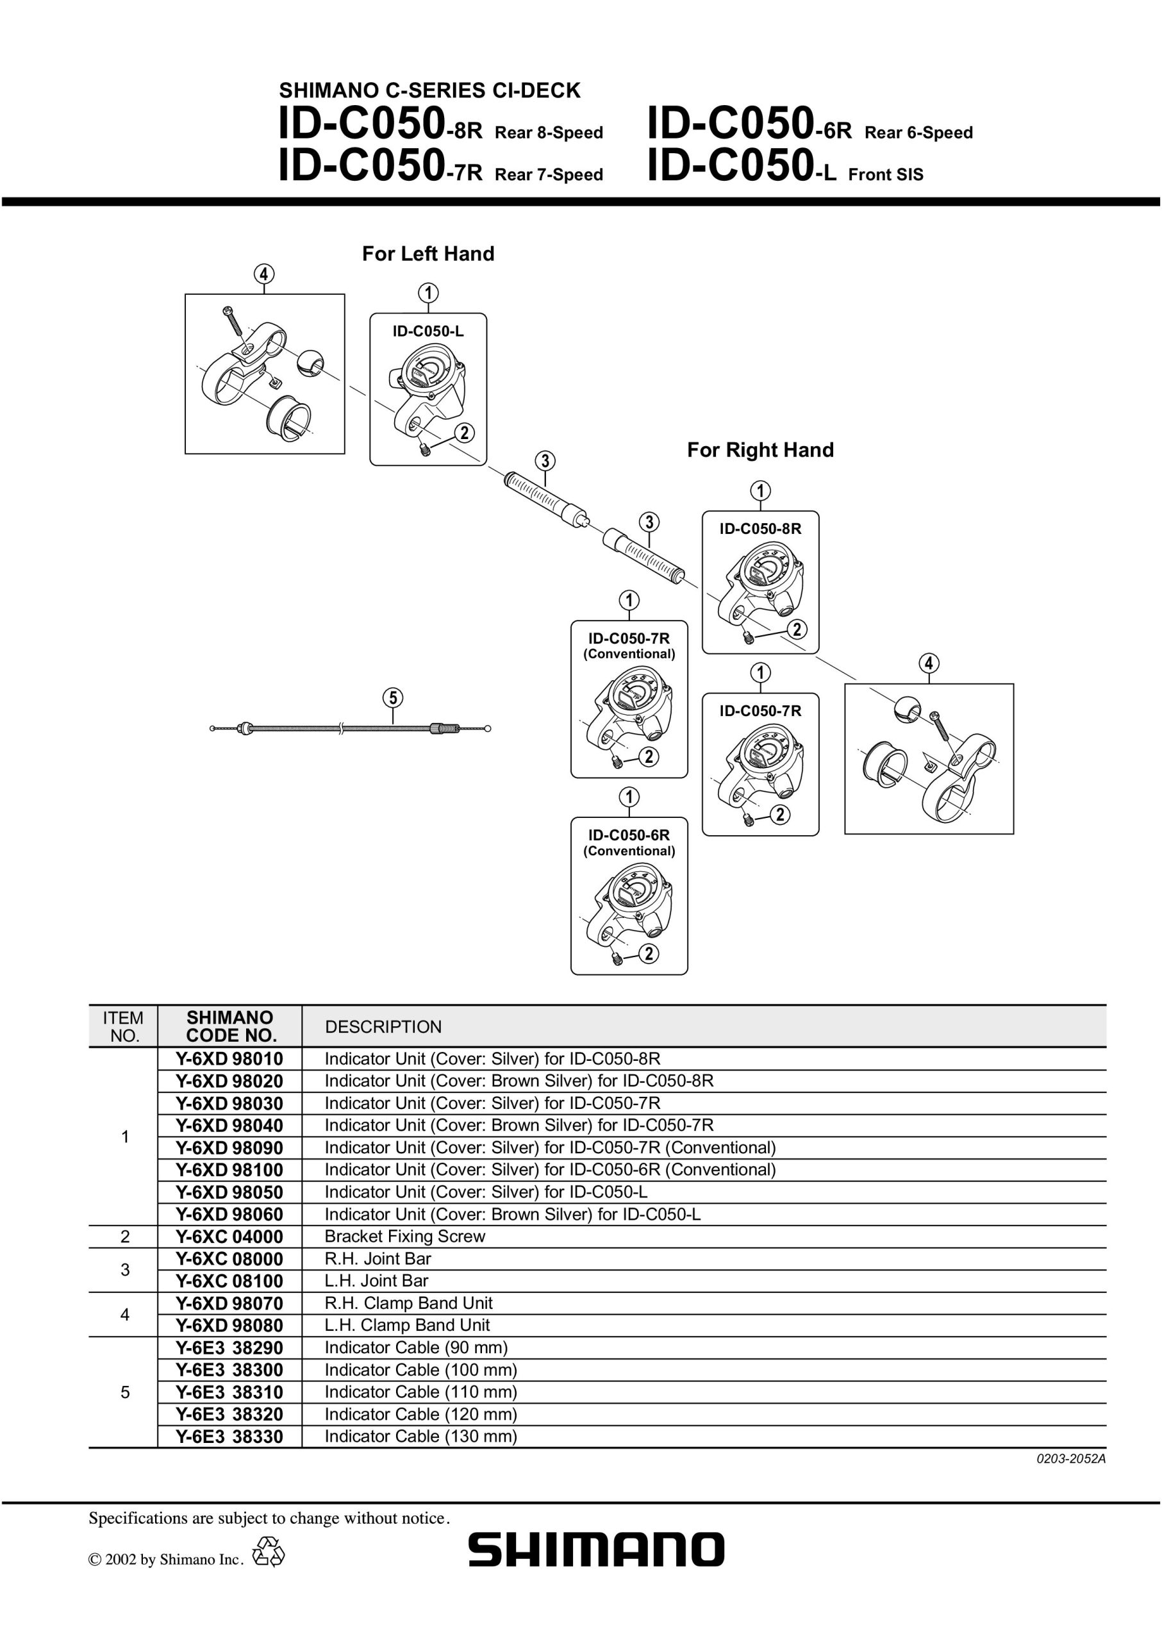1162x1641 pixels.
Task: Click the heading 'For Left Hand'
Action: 428,253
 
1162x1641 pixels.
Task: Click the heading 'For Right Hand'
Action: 761,449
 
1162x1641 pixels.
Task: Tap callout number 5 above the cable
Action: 392,697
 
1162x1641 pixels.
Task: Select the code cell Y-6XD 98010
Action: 229,1058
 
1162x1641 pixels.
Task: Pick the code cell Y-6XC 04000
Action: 229,1237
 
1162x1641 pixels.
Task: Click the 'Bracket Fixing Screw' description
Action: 405,1237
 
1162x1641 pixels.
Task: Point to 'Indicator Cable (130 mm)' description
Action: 420,1437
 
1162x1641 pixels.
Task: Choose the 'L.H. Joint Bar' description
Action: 376,1281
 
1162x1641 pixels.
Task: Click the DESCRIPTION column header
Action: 383,1027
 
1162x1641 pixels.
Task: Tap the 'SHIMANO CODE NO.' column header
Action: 229,1026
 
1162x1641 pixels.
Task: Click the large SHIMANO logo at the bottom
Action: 596,1550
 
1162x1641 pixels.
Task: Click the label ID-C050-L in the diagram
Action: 428,331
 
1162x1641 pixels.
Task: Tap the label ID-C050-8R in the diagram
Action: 761,529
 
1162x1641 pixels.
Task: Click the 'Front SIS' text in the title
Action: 886,174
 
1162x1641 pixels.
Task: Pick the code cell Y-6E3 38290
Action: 229,1347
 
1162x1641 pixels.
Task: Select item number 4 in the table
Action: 124,1315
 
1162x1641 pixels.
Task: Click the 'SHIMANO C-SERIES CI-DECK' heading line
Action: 429,91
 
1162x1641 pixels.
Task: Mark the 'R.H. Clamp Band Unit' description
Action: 408,1303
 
